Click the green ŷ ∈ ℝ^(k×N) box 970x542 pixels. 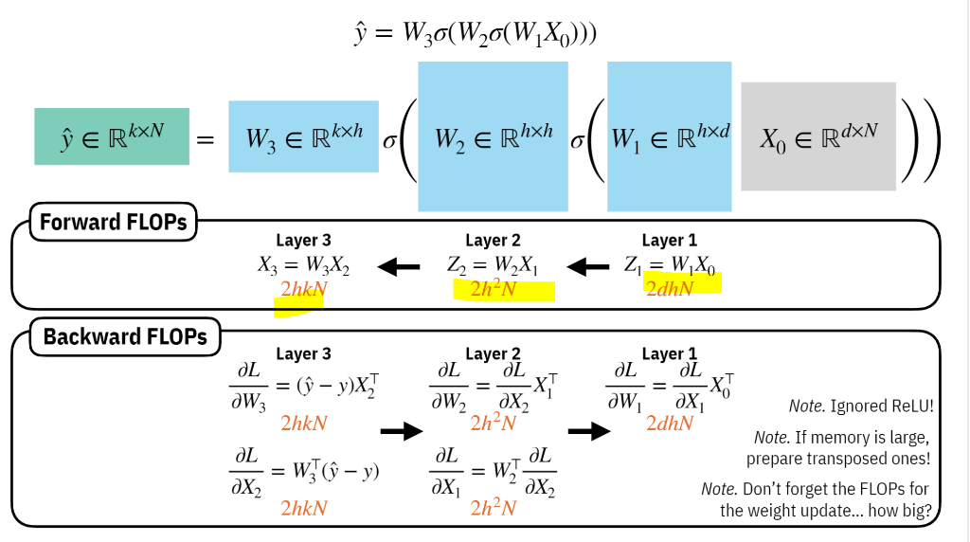click(x=112, y=136)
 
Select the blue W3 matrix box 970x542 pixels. click(x=303, y=136)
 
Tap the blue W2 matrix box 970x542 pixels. click(x=493, y=136)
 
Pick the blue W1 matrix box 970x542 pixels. click(x=669, y=136)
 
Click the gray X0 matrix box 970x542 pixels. click(x=818, y=136)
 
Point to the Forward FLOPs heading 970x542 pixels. click(x=114, y=223)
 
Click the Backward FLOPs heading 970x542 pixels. click(x=124, y=337)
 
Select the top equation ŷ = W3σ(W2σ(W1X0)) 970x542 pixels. click(x=485, y=33)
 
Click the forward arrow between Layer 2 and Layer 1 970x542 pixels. click(x=588, y=267)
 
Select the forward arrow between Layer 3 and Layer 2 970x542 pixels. click(x=399, y=267)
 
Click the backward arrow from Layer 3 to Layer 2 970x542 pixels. click(x=401, y=431)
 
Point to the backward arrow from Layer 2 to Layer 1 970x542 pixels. click(x=588, y=431)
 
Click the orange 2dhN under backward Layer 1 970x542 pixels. click(x=670, y=424)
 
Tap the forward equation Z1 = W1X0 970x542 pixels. click(x=669, y=265)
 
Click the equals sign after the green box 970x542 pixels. click(x=205, y=139)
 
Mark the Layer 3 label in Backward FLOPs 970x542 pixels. click(x=303, y=354)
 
